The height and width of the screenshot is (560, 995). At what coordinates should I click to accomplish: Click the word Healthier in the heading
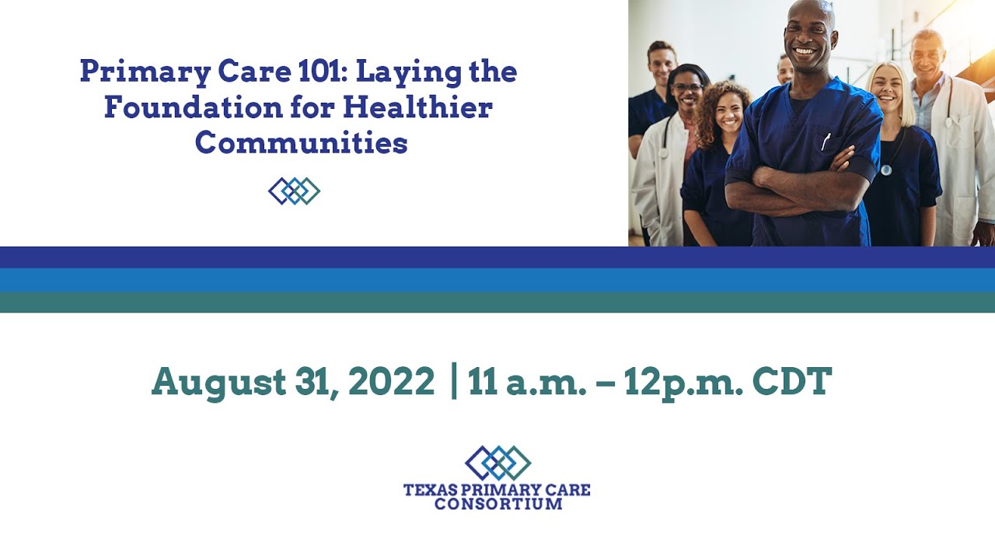click(417, 107)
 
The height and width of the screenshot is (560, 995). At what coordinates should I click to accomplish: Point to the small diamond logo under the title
click(294, 191)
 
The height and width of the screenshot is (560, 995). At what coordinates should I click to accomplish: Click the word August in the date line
click(218, 382)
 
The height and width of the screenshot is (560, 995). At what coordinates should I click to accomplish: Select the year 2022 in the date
click(391, 382)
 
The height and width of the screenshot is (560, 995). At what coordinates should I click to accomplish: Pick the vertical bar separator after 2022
click(454, 382)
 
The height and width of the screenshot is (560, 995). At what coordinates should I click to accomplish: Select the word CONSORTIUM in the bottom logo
click(497, 504)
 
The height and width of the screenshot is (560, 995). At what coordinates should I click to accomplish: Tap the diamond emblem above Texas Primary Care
click(497, 463)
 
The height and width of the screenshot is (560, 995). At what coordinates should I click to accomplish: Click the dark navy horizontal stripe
click(497, 257)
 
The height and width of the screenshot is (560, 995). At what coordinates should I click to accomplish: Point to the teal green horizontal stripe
click(497, 302)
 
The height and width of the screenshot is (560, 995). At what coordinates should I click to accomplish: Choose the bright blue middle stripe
click(497, 280)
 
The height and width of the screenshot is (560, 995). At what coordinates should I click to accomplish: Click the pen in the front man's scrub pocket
click(826, 141)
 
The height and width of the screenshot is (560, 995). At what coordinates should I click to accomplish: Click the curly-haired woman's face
click(728, 114)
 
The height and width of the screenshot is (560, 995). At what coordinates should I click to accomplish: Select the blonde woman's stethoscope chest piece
click(886, 170)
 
